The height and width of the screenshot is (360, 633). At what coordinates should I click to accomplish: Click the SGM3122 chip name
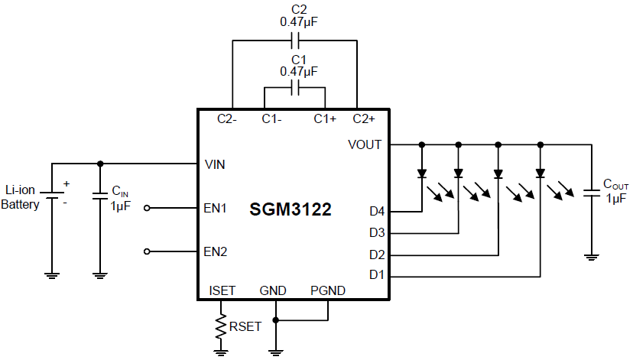click(291, 210)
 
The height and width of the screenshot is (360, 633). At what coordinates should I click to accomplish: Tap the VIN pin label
click(216, 164)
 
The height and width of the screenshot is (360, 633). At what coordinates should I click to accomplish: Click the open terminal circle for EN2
click(148, 251)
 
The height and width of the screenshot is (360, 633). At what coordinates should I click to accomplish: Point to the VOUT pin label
click(364, 144)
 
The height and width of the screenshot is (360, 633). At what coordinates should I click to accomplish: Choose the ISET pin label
click(222, 290)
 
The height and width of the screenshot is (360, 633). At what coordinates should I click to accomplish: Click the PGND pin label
click(327, 290)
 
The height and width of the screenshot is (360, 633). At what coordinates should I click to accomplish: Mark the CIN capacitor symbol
click(99, 196)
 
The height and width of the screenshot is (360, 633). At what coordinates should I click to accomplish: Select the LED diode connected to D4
click(421, 174)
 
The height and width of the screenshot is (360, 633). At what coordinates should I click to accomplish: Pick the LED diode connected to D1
click(540, 174)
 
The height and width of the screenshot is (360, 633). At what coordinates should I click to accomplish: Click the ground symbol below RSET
click(222, 352)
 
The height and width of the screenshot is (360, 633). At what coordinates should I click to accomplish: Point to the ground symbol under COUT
click(591, 257)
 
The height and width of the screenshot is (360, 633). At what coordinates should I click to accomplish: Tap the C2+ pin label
click(364, 119)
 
